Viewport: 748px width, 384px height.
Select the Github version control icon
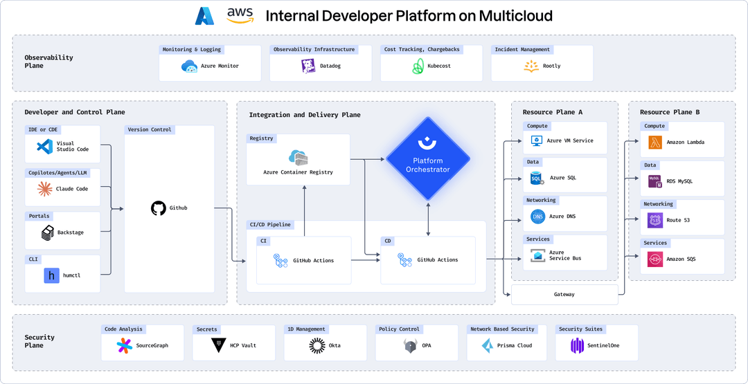point(158,208)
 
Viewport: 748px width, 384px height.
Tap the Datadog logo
point(308,66)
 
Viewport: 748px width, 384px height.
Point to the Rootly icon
point(531,66)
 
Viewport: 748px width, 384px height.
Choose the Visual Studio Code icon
point(45,147)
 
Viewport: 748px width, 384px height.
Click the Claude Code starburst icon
point(45,189)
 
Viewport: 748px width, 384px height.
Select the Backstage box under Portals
point(62,232)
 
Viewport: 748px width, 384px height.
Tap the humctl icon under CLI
point(51,275)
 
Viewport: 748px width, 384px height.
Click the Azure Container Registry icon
point(298,157)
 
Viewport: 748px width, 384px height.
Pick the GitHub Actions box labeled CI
point(303,260)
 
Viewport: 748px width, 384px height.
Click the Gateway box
point(564,295)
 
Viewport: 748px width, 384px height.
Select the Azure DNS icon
point(537,217)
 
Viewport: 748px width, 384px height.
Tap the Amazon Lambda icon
point(654,142)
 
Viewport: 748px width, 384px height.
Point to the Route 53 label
point(677,220)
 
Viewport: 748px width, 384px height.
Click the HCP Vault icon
point(218,345)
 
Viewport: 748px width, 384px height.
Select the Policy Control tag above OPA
point(399,329)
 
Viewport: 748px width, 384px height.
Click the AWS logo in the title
point(240,15)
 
